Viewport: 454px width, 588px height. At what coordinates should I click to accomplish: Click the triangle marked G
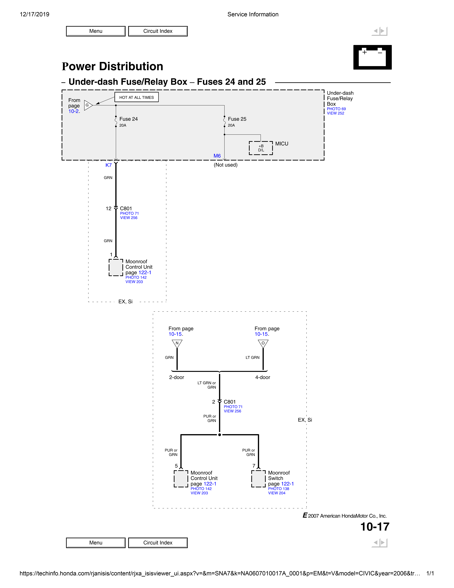click(88, 105)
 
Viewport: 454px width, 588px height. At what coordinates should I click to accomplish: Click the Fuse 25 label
click(237, 119)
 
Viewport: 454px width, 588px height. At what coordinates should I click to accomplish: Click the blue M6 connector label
click(217, 156)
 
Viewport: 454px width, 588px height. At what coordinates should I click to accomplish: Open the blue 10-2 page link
click(73, 111)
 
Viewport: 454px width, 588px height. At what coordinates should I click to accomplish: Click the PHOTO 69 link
click(336, 109)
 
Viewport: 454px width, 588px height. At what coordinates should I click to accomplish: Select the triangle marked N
click(177, 343)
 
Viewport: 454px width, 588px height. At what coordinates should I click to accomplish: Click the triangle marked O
click(263, 343)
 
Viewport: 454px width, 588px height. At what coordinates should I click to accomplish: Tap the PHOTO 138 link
click(278, 489)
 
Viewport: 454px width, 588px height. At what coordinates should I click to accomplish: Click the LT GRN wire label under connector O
click(252, 358)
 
